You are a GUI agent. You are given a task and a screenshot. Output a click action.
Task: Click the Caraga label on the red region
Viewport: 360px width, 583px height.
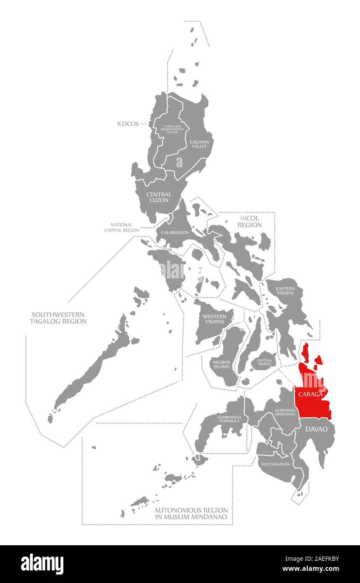tap(310, 395)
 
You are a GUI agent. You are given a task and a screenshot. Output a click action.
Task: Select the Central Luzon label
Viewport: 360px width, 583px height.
tap(159, 197)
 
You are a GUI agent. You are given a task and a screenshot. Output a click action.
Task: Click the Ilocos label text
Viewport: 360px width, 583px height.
tap(128, 124)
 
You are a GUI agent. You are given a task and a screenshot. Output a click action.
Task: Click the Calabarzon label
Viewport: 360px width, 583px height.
tap(175, 232)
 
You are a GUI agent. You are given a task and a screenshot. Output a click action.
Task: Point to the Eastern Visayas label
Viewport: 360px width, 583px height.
tap(285, 291)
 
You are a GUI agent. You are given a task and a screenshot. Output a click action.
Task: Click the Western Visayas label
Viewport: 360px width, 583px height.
tap(214, 319)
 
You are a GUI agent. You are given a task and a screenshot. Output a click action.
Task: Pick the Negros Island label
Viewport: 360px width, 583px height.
tap(221, 364)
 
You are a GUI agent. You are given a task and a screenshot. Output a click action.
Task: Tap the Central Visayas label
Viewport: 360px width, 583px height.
tap(264, 362)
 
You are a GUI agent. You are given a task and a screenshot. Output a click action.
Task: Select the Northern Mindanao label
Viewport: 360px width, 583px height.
tap(285, 412)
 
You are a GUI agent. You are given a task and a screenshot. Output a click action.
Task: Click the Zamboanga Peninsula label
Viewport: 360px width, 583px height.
tap(229, 419)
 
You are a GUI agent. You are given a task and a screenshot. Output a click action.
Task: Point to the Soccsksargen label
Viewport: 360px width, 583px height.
tap(275, 464)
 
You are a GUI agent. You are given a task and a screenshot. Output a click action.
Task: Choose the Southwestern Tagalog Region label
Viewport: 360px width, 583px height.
tap(58, 318)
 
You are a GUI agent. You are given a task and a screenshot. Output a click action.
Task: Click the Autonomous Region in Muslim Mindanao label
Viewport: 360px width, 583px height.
tap(191, 513)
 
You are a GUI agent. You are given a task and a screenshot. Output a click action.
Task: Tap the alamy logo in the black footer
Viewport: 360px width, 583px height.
tap(42, 563)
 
